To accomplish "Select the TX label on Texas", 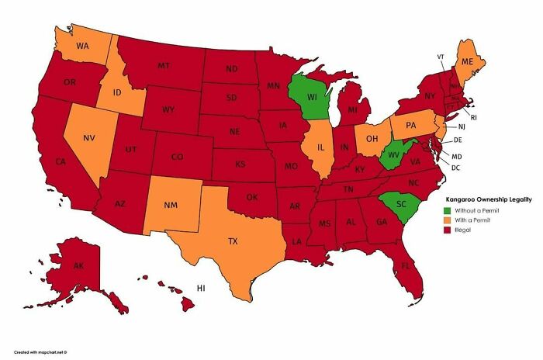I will (x=233, y=241).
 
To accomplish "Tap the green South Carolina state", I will (x=400, y=203).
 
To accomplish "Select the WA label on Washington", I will (x=81, y=46).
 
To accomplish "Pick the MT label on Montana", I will (x=164, y=67).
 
